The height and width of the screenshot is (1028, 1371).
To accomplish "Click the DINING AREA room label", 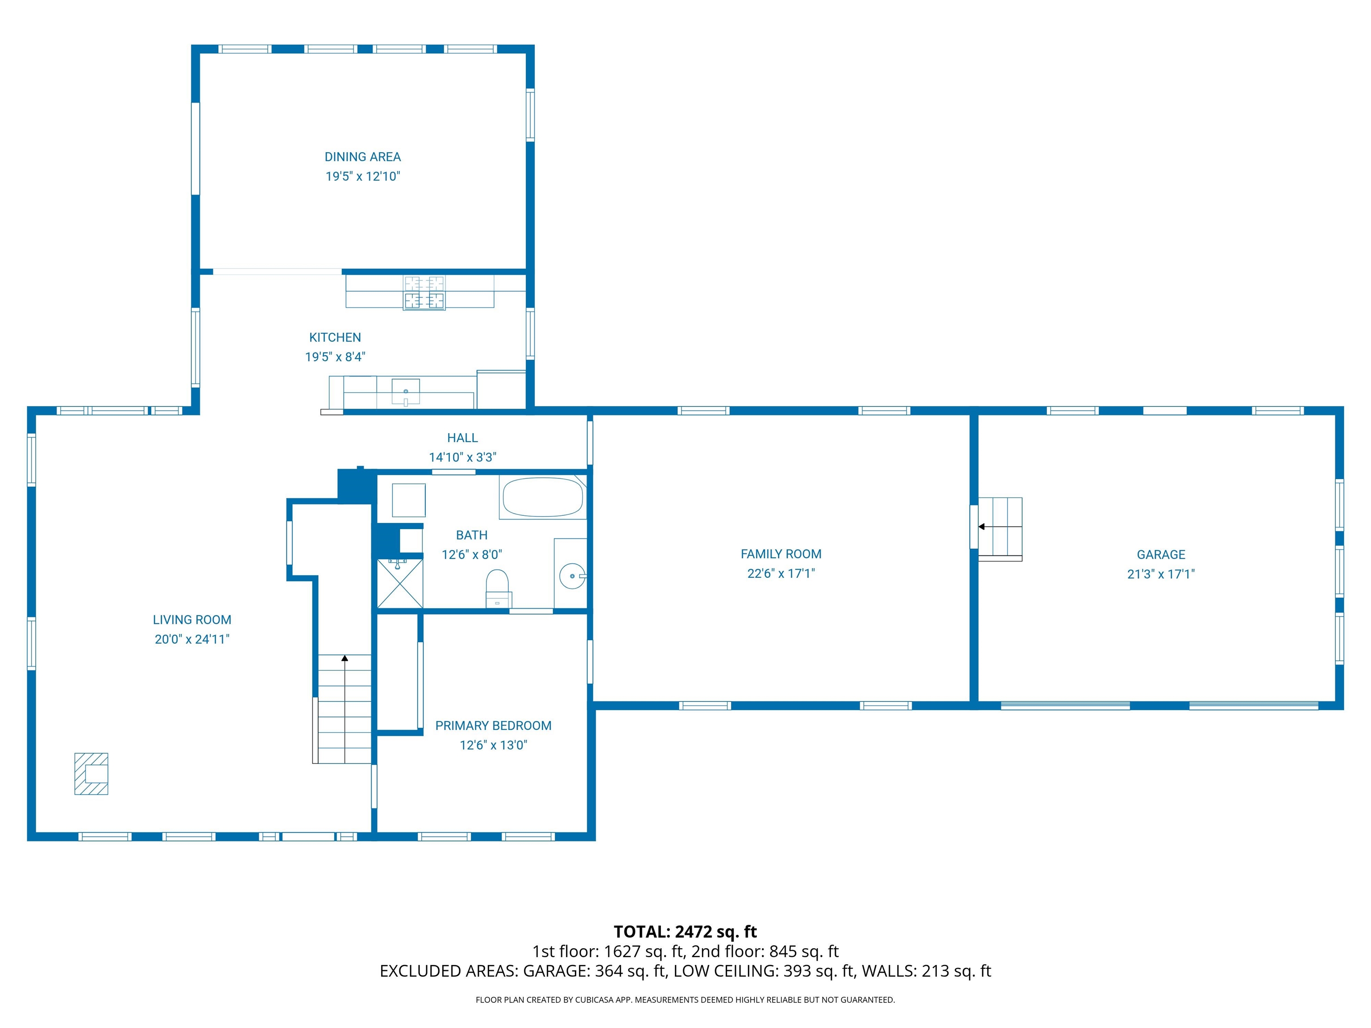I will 362,157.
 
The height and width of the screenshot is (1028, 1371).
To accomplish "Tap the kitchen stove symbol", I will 424,293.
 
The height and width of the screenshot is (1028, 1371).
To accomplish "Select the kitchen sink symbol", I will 405,392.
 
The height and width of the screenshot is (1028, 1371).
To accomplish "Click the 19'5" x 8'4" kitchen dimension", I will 335,357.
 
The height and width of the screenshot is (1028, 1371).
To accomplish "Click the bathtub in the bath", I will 543,497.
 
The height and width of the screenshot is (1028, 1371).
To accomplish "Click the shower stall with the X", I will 400,584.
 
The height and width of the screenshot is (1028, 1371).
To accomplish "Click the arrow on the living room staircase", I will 345,659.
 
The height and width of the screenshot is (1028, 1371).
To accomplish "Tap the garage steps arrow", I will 982,526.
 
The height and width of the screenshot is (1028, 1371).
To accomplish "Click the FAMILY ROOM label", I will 781,554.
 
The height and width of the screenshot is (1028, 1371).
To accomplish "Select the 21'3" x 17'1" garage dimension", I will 1160,574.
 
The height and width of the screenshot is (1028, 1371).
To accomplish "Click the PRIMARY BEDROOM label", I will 493,725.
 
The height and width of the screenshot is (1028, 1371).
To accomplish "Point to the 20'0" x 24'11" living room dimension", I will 192,639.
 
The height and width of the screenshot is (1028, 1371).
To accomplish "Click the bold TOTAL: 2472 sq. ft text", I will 685,932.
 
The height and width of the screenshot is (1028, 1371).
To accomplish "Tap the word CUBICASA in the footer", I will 597,999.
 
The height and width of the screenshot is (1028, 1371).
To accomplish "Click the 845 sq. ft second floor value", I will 803,952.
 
